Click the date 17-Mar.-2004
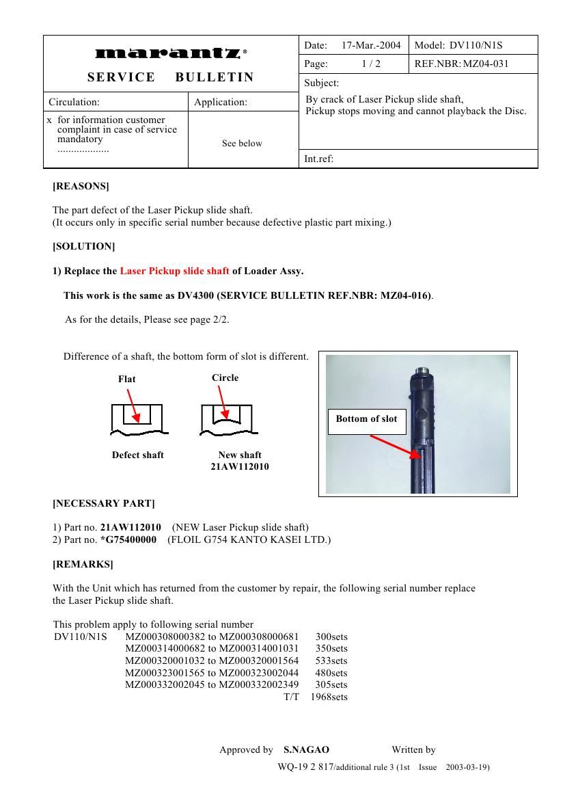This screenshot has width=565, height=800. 371,45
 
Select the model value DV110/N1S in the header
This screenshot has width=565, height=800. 476,45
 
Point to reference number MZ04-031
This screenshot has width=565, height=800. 486,64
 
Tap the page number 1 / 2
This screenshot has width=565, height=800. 371,64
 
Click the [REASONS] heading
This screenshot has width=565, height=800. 81,186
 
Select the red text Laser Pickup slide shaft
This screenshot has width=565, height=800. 174,271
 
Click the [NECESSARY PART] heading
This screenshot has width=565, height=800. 104,504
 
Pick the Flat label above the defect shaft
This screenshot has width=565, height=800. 126,379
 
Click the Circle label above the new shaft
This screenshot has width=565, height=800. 225,377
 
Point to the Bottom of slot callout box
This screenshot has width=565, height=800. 366,419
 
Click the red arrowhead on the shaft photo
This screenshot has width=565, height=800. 415,452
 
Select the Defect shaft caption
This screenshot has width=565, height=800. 138,455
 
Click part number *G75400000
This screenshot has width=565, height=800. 128,540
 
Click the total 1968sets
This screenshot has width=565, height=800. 329,697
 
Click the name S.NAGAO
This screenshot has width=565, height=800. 306,750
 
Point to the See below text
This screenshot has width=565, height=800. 242,144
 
